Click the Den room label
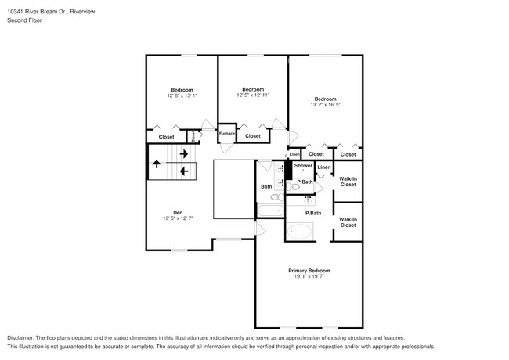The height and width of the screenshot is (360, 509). click(x=178, y=212)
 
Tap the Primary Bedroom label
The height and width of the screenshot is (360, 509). click(x=308, y=270)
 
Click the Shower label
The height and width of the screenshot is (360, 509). click(x=303, y=166)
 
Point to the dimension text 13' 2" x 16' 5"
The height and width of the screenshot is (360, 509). click(x=325, y=104)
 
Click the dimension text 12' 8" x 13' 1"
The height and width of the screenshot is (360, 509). click(x=182, y=95)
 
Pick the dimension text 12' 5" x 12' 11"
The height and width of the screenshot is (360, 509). click(x=253, y=95)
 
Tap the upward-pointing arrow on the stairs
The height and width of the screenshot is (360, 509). click(x=157, y=164)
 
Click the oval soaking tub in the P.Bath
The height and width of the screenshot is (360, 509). click(x=300, y=232)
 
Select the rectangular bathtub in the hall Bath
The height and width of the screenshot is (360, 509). click(x=272, y=208)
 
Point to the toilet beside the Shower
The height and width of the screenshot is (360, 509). click(x=294, y=185)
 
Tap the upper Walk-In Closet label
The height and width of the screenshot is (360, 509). click(x=348, y=182)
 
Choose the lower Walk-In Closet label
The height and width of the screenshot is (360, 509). click(x=348, y=221)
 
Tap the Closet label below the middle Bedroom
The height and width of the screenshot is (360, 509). click(x=253, y=136)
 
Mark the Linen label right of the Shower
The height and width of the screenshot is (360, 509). click(x=323, y=167)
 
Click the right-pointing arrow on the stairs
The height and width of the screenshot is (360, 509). click(x=183, y=154)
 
